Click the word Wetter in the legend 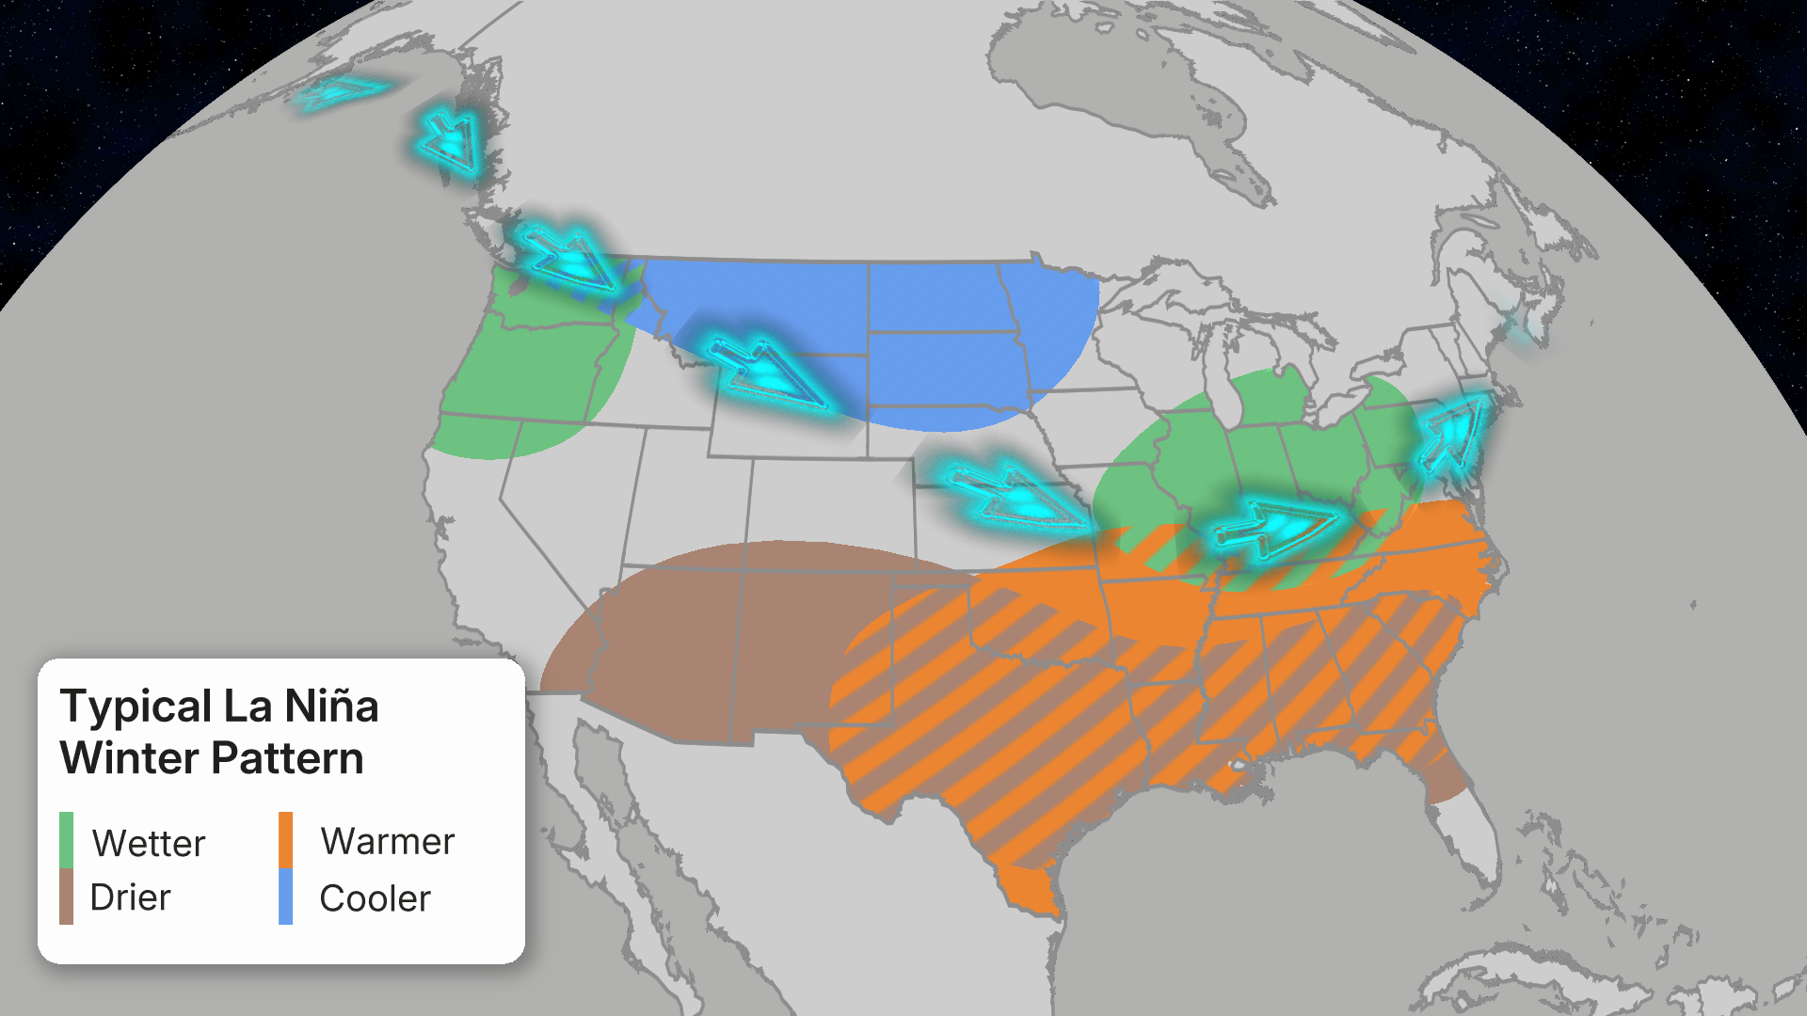pos(149,843)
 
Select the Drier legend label pos(130,897)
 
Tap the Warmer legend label pos(388,841)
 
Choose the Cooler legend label pos(375,898)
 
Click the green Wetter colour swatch pos(66,839)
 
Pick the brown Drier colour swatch pos(66,896)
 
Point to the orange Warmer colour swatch pos(285,839)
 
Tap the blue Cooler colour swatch pos(285,897)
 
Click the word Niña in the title pos(331,706)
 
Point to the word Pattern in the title pos(287,758)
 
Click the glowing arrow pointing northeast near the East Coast pos(1454,433)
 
